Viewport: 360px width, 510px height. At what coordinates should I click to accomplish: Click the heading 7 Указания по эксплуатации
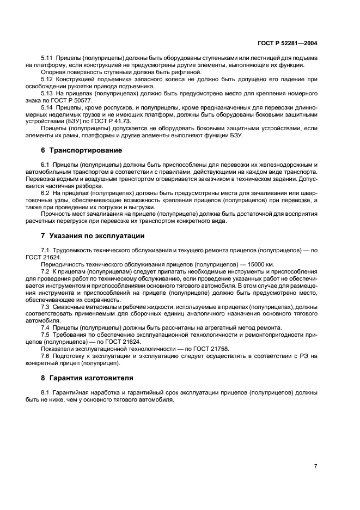coord(91,236)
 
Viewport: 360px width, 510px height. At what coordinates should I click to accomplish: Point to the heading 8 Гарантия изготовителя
coord(87,378)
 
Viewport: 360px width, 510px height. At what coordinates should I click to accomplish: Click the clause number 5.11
coord(47,58)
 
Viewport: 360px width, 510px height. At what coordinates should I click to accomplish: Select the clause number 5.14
coord(47,108)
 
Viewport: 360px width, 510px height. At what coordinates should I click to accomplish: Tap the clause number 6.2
coord(46,193)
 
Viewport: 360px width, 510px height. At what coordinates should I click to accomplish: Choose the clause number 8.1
coord(46,392)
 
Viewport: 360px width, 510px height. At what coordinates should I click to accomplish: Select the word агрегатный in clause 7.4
coord(206,327)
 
